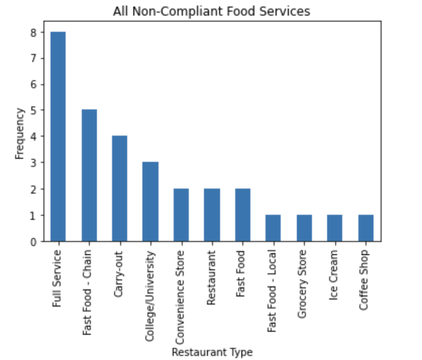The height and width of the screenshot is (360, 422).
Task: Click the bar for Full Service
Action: (58, 137)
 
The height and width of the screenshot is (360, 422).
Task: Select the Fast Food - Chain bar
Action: (89, 175)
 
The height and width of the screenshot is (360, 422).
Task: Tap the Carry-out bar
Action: (120, 189)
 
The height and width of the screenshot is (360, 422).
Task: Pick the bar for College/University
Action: (150, 202)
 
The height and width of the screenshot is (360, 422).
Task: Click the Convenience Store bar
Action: (181, 215)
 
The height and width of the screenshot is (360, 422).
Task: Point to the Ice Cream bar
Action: (335, 228)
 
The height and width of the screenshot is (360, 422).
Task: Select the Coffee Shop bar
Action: (365, 228)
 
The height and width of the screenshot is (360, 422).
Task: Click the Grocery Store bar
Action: (304, 228)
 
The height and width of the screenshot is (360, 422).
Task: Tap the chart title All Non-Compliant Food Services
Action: (212, 11)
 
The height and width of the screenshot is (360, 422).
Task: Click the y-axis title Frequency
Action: (20, 133)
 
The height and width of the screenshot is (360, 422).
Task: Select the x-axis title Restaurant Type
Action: (212, 352)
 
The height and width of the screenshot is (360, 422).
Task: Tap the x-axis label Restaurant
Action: (212, 277)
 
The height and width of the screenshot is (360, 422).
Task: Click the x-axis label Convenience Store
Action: (181, 291)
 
